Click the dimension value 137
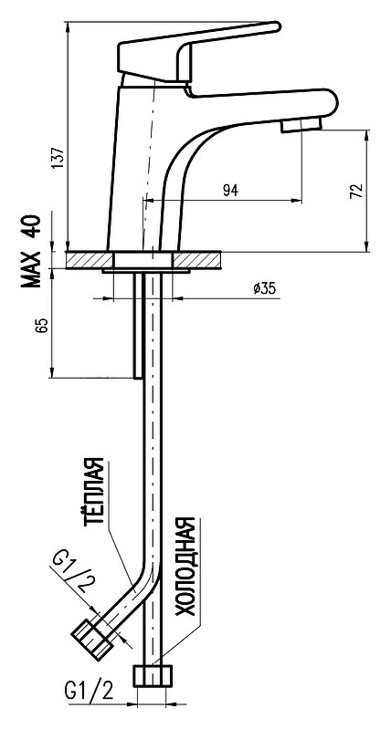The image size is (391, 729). [58, 159]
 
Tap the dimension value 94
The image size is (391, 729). [230, 190]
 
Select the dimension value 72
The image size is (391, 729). [355, 191]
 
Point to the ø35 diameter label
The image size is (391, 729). [264, 288]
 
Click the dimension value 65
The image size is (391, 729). [42, 325]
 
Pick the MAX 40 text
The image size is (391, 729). [30, 252]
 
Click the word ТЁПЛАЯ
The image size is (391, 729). [93, 492]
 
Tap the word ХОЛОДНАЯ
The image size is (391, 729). [185, 567]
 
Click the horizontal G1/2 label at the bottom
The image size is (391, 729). [90, 693]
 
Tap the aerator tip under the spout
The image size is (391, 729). [301, 125]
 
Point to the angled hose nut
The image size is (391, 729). [93, 640]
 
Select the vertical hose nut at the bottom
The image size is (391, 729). [153, 676]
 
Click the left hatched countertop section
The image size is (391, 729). [90, 260]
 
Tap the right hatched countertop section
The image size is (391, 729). [196, 260]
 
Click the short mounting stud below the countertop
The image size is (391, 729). [138, 326]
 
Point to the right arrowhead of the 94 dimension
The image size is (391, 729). [297, 201]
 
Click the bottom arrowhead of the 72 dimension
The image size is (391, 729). [367, 246]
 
